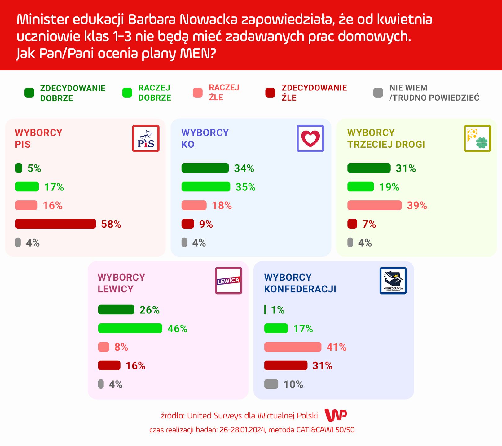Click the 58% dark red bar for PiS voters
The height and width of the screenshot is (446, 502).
[x=55, y=224]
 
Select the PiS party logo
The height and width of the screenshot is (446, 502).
[x=146, y=138]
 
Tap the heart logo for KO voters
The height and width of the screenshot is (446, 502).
[x=310, y=138]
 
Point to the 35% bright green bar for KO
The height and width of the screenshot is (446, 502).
[x=206, y=187]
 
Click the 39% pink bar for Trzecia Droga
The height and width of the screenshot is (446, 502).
[x=374, y=205]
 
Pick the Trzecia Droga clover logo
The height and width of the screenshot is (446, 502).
[x=477, y=138]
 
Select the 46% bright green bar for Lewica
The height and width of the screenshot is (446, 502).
[x=130, y=328]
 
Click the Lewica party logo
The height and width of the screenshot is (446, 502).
[x=228, y=281]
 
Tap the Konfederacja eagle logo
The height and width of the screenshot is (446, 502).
[x=393, y=281]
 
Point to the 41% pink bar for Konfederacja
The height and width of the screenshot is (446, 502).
[x=293, y=347]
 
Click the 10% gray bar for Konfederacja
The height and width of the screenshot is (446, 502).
[x=271, y=384]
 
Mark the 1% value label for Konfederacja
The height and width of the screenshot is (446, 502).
[x=278, y=310]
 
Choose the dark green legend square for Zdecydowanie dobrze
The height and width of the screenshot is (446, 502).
[x=29, y=93]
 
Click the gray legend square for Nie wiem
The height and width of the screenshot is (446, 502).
[x=378, y=93]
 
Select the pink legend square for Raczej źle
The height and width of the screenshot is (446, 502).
[x=198, y=93]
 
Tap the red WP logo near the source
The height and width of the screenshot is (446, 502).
[x=336, y=415]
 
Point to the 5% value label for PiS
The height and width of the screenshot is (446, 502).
[x=34, y=168]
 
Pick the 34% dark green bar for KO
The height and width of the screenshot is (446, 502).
[x=205, y=168]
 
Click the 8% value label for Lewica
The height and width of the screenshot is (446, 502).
[x=121, y=347]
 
